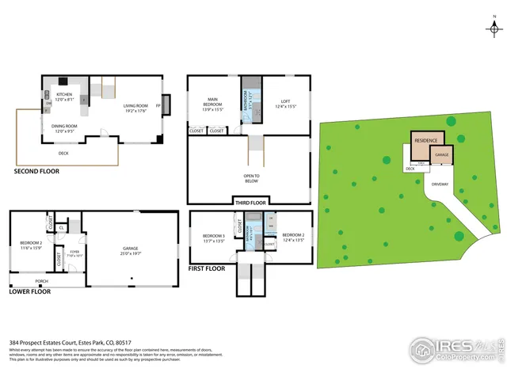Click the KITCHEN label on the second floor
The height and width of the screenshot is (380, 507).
point(63,94)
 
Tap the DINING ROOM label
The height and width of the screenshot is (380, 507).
point(63,126)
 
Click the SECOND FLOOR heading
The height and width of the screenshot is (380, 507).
point(36,170)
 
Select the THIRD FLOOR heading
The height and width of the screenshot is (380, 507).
point(251,201)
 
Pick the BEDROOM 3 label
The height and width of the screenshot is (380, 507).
point(214,235)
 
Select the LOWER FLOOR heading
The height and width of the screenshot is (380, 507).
point(31,291)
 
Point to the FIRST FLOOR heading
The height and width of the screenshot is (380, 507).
point(208,268)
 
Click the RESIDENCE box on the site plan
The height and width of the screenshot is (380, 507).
point(426,139)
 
